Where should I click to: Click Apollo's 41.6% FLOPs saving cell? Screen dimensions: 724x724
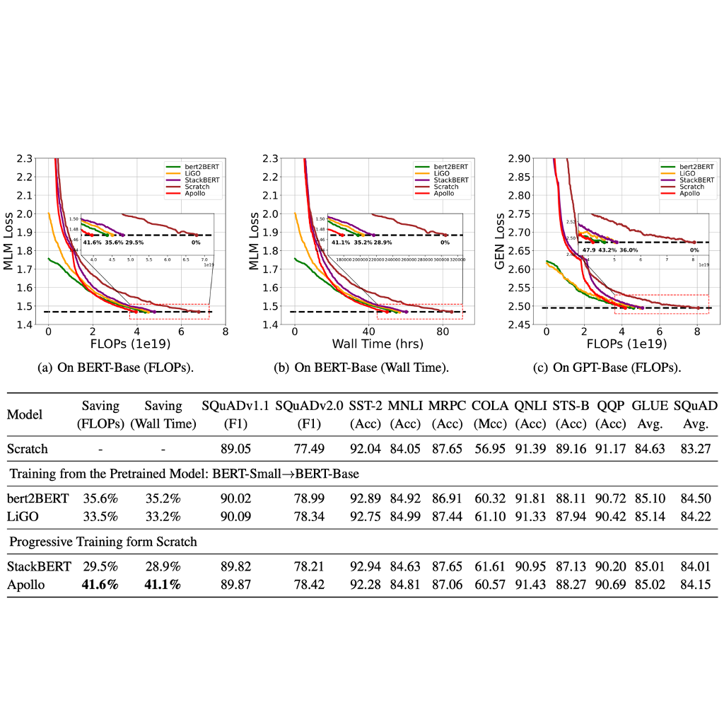tap(99, 585)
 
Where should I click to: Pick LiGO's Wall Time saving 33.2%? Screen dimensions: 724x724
tap(163, 516)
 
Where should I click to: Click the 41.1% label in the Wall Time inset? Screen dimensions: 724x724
tap(339, 242)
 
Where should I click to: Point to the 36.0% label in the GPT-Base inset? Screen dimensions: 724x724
tap(636, 250)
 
